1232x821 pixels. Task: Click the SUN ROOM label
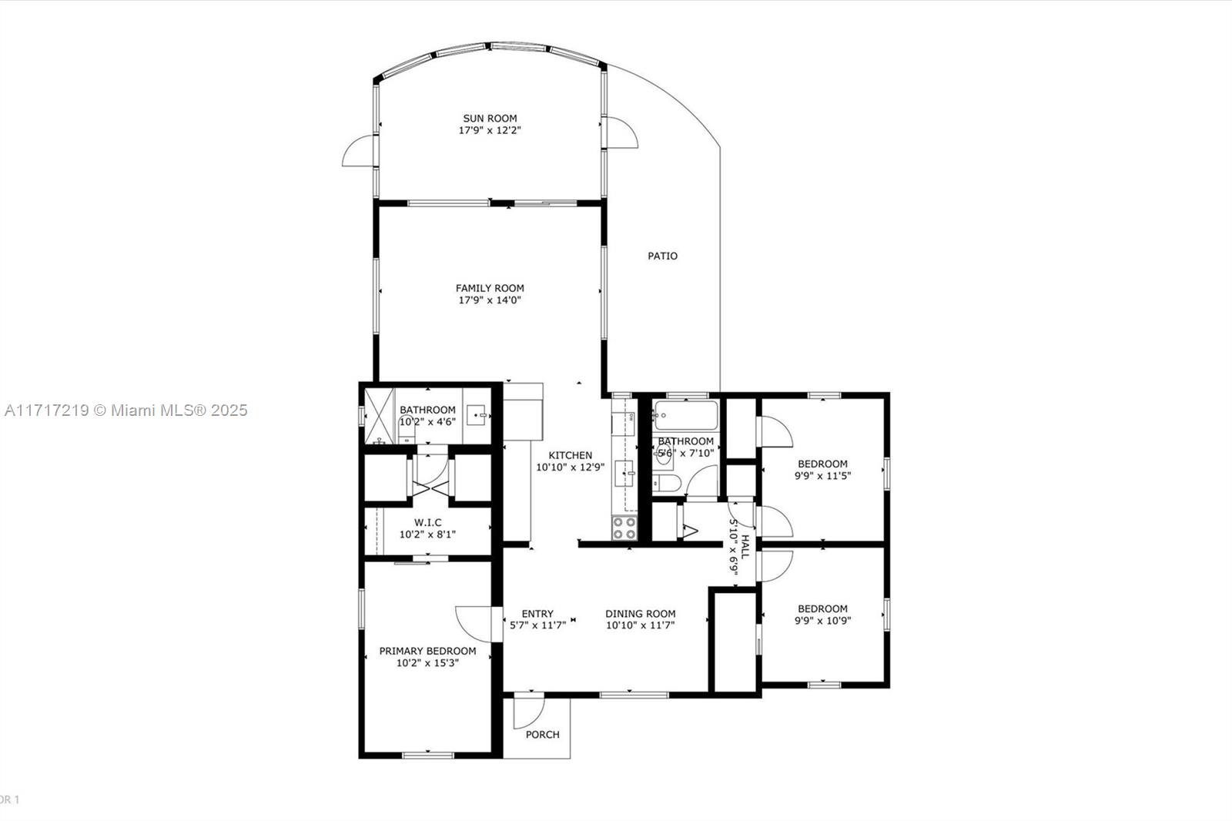[490, 119]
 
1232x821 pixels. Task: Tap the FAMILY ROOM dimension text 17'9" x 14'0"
[490, 300]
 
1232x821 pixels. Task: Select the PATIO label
[662, 256]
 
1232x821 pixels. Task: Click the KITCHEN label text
[571, 455]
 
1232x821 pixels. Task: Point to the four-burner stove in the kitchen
[624, 528]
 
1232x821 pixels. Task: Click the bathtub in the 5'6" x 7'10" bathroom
[686, 415]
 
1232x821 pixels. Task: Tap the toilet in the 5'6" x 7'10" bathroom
[666, 483]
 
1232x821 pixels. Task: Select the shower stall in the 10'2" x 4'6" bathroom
[380, 415]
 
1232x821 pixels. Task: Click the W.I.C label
[427, 521]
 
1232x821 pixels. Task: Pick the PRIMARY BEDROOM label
[427, 651]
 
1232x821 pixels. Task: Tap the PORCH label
[542, 735]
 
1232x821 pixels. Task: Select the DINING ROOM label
[640, 614]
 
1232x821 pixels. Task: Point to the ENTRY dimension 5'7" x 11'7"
[537, 625]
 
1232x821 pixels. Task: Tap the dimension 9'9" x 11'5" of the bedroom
[822, 476]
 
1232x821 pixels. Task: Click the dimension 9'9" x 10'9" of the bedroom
[822, 621]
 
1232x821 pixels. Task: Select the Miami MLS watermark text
[126, 410]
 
